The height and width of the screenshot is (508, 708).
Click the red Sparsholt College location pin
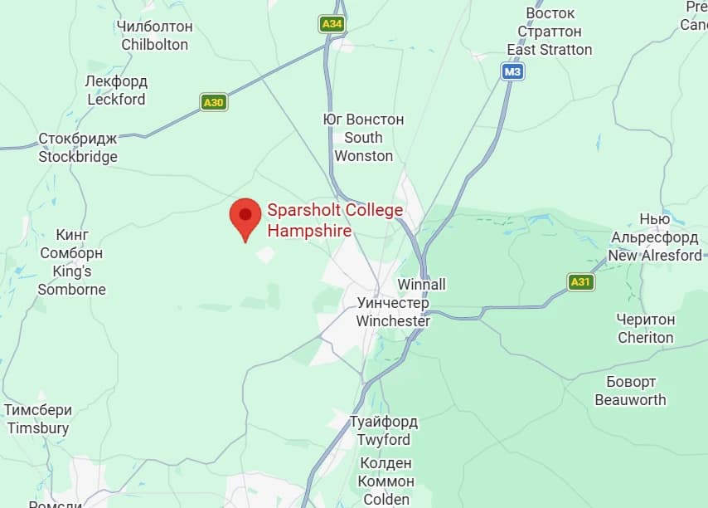click(245, 218)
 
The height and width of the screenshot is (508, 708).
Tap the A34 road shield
click(332, 24)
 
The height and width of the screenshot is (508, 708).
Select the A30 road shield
click(214, 103)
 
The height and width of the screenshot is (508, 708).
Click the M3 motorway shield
click(513, 72)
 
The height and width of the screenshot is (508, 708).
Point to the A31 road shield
click(581, 282)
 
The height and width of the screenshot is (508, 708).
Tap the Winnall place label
click(422, 285)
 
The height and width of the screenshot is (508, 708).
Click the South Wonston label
click(363, 138)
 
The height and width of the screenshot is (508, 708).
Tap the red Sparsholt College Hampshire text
click(335, 220)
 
